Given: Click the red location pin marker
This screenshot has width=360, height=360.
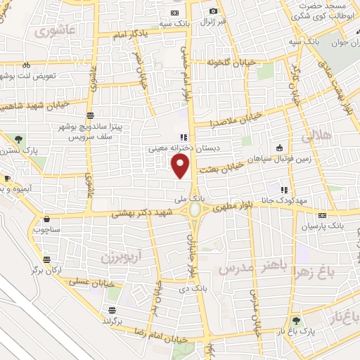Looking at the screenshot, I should (181, 167).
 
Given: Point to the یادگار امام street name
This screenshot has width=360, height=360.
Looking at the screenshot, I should (124, 34).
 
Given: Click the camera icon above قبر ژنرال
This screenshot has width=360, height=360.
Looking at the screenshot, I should (213, 11).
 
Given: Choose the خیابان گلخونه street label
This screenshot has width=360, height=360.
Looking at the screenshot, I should (225, 62).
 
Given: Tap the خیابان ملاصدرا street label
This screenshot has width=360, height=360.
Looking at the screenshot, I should (237, 118).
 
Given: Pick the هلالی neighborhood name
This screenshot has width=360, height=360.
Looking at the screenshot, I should (317, 138).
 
